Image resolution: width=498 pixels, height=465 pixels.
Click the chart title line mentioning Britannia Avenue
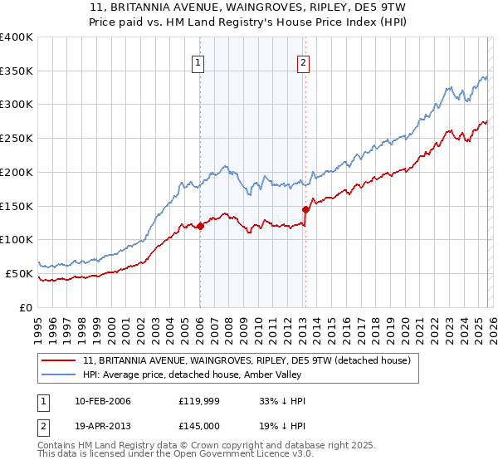coord(248,7)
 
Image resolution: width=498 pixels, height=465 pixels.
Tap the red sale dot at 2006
coord(200,226)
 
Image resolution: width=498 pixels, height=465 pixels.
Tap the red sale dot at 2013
coord(305,209)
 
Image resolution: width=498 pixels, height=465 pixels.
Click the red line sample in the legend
coord(60,361)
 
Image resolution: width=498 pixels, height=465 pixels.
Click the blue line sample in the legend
coord(60,375)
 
